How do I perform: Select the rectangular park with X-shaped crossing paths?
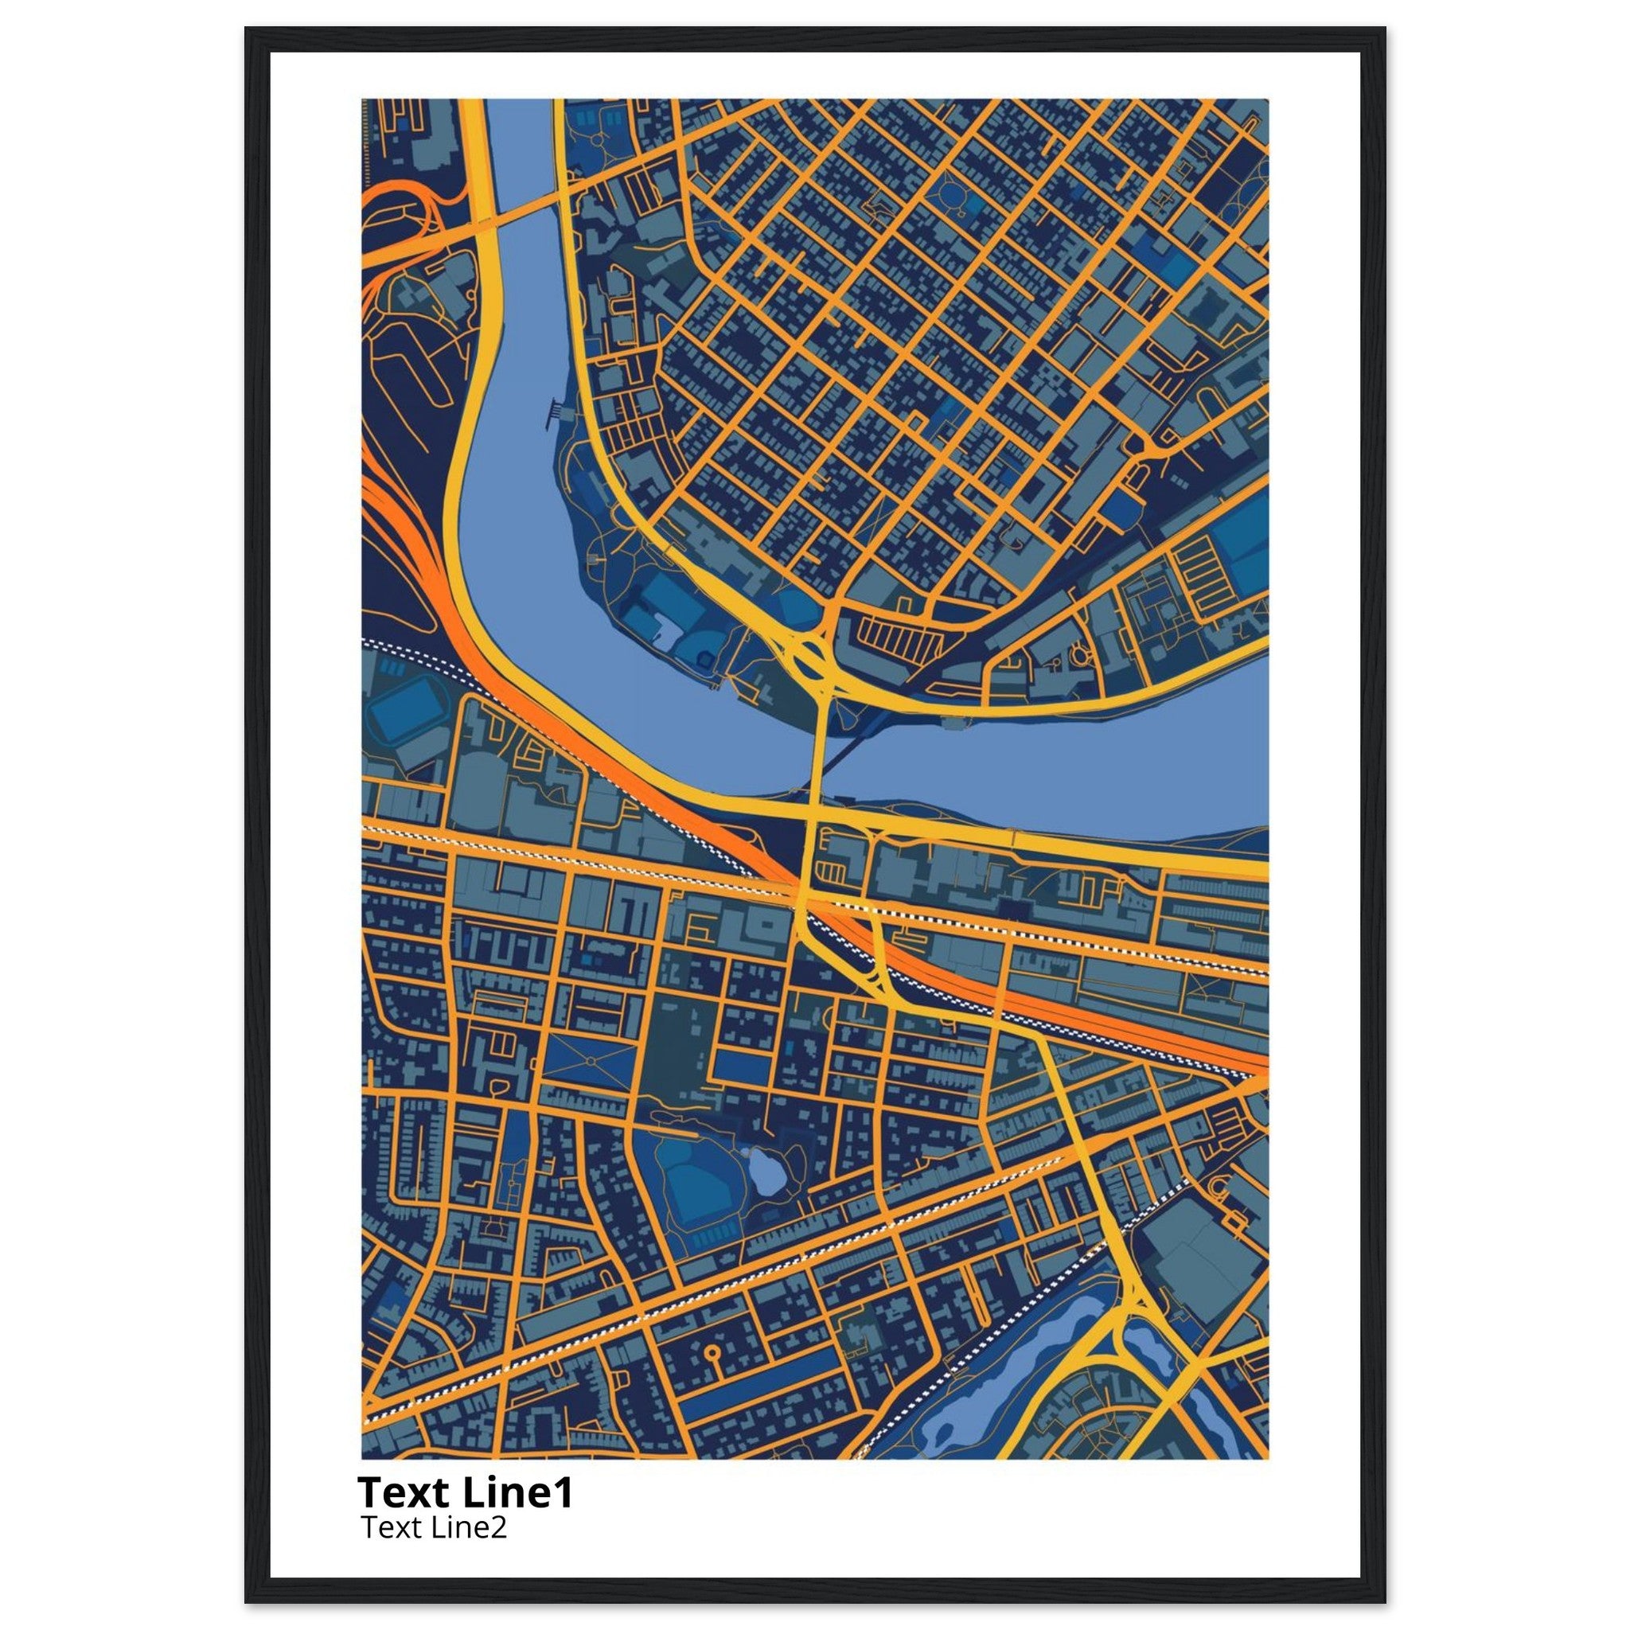click(588, 1060)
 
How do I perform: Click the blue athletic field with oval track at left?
click(405, 713)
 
